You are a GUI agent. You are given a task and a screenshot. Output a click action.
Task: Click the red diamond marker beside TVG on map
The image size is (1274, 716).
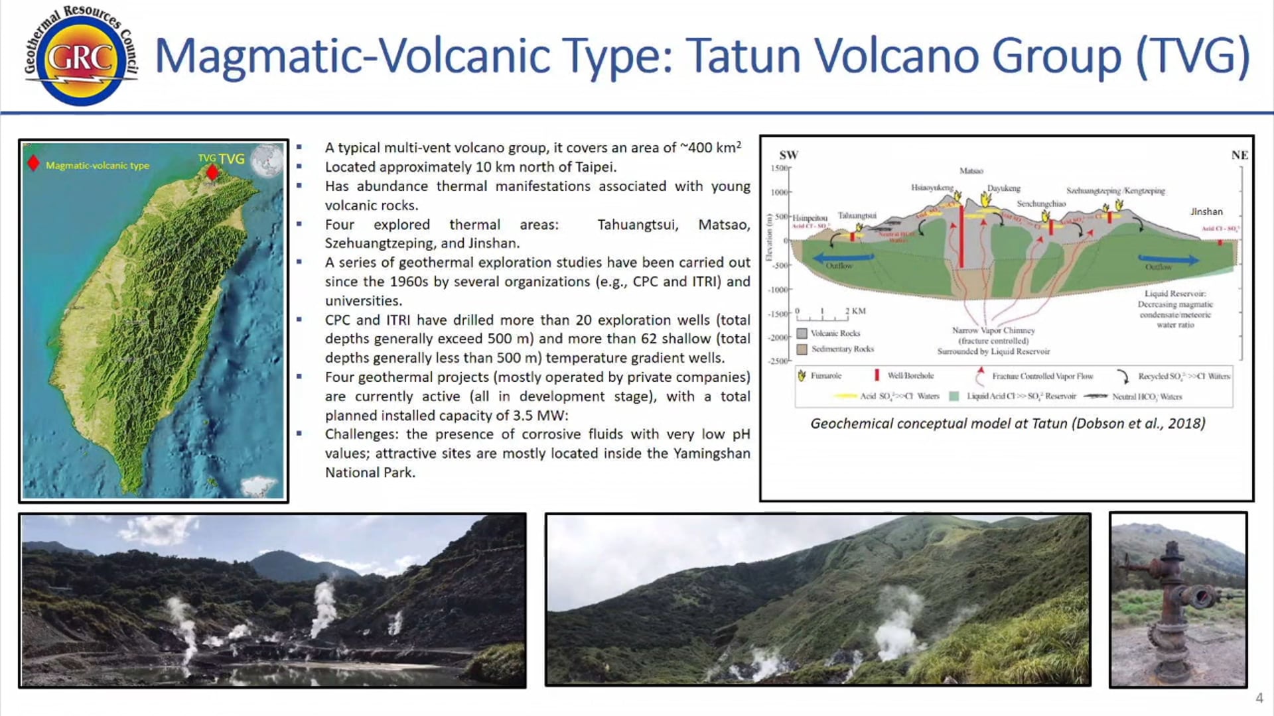pos(212,172)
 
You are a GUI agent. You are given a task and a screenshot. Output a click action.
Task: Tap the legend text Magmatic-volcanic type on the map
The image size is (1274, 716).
pos(98,166)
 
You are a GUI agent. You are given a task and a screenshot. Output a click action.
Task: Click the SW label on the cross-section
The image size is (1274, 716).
pos(788,155)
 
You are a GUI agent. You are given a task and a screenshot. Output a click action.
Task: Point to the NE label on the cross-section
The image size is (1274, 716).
pos(1239,155)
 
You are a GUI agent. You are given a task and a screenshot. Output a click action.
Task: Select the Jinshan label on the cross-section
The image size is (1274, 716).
pos(1206,211)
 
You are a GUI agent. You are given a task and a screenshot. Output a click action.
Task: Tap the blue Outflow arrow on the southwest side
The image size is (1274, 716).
pos(843,258)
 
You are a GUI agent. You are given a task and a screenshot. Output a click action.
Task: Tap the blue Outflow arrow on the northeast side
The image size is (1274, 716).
pos(1168,259)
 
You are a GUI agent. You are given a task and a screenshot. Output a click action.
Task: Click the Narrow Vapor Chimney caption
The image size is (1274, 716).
pos(993,330)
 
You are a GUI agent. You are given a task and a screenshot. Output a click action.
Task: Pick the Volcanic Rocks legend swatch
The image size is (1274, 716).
pos(802,333)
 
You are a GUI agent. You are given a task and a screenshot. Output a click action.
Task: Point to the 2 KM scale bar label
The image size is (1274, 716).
pos(855,311)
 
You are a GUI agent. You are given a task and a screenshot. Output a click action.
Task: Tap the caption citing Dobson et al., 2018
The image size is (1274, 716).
pos(1007,424)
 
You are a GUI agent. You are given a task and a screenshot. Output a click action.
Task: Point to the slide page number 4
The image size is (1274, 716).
pos(1259,698)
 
